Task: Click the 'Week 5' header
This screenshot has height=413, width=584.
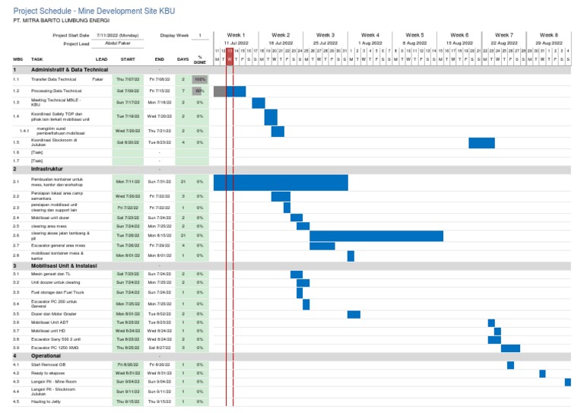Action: click(414, 35)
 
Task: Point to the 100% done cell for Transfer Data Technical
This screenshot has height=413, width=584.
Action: click(199, 79)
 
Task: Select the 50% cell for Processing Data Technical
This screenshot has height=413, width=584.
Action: click(199, 91)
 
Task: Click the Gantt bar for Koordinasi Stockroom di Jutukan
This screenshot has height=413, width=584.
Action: click(481, 143)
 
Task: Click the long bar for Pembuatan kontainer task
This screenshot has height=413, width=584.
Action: click(281, 183)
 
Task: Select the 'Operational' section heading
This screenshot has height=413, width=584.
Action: click(46, 356)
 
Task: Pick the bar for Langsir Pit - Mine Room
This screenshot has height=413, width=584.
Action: click(568, 382)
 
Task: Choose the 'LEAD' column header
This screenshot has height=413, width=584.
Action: click(101, 59)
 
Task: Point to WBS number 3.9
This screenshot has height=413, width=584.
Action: click(16, 348)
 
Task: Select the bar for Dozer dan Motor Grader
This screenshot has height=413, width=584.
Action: click(354, 315)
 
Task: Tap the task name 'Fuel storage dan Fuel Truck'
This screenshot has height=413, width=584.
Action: click(58, 292)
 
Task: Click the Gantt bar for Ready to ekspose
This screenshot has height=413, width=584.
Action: click(542, 373)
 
